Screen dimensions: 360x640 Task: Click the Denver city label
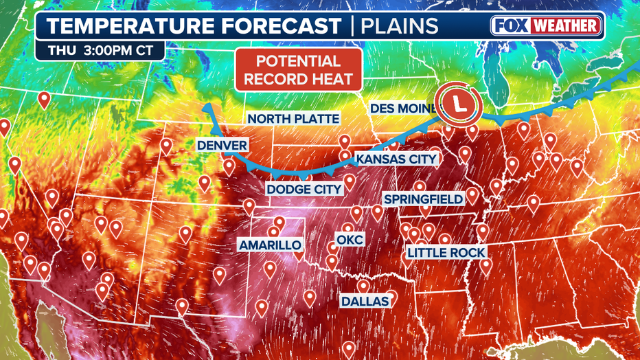pyautogui.click(x=222, y=146)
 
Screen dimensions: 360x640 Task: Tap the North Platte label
pyautogui.click(x=293, y=119)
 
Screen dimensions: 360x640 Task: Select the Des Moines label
pyautogui.click(x=404, y=109)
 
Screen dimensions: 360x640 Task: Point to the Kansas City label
pyautogui.click(x=396, y=159)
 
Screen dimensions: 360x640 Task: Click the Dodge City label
pyautogui.click(x=304, y=189)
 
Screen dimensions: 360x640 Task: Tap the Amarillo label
pyautogui.click(x=270, y=245)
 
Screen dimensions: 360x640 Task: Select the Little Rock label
pyautogui.click(x=446, y=253)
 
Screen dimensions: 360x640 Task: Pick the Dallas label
pyautogui.click(x=365, y=301)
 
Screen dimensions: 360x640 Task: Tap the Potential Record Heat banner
pyautogui.click(x=298, y=69)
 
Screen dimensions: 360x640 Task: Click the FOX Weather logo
pyautogui.click(x=547, y=26)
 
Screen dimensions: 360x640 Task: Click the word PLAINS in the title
pyautogui.click(x=400, y=26)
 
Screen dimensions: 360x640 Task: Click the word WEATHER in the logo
pyautogui.click(x=567, y=26)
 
